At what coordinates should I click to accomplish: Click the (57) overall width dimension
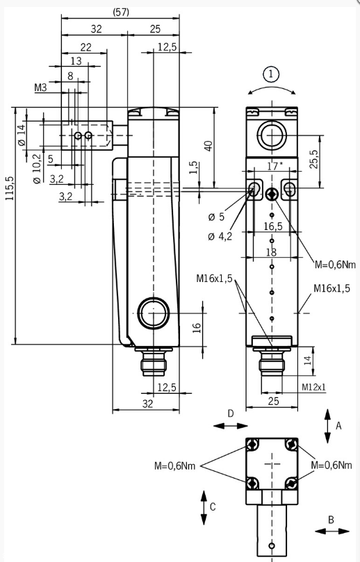point(121,13)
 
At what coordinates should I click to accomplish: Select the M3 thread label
point(40,88)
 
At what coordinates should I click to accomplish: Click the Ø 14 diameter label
point(22,135)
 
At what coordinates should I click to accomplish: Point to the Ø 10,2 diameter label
point(37,168)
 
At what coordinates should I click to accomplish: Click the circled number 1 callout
point(271,74)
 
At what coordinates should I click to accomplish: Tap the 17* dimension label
point(275,166)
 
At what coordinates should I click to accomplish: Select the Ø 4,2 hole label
point(220,236)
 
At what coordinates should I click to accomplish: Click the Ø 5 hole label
point(216,217)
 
